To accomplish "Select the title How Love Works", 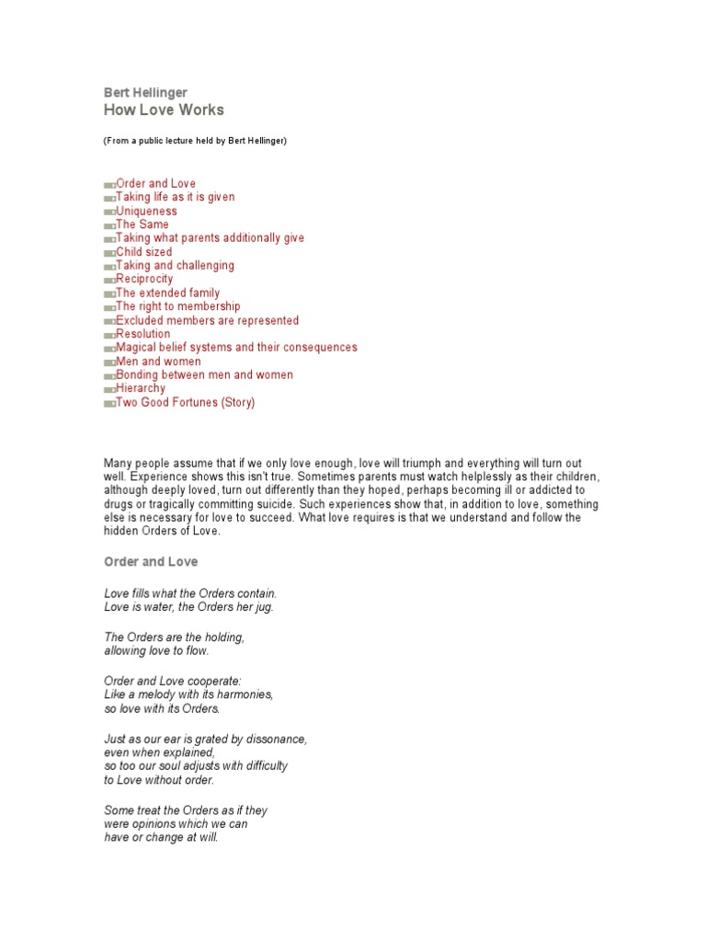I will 163,110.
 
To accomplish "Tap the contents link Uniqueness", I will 146,211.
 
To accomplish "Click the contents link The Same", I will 142,224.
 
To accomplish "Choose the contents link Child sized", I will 144,252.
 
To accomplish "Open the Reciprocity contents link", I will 144,279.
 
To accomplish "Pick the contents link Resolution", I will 143,334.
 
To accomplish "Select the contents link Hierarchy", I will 142,388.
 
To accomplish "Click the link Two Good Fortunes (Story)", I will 185,402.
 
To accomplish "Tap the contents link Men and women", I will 158,362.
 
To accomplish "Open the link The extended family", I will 168,293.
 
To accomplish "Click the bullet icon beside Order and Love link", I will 109,184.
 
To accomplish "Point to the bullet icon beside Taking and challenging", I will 109,266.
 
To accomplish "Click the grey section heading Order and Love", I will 150,561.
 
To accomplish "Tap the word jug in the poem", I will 264,607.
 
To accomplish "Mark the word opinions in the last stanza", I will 161,824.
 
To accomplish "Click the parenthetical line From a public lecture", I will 195,141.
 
